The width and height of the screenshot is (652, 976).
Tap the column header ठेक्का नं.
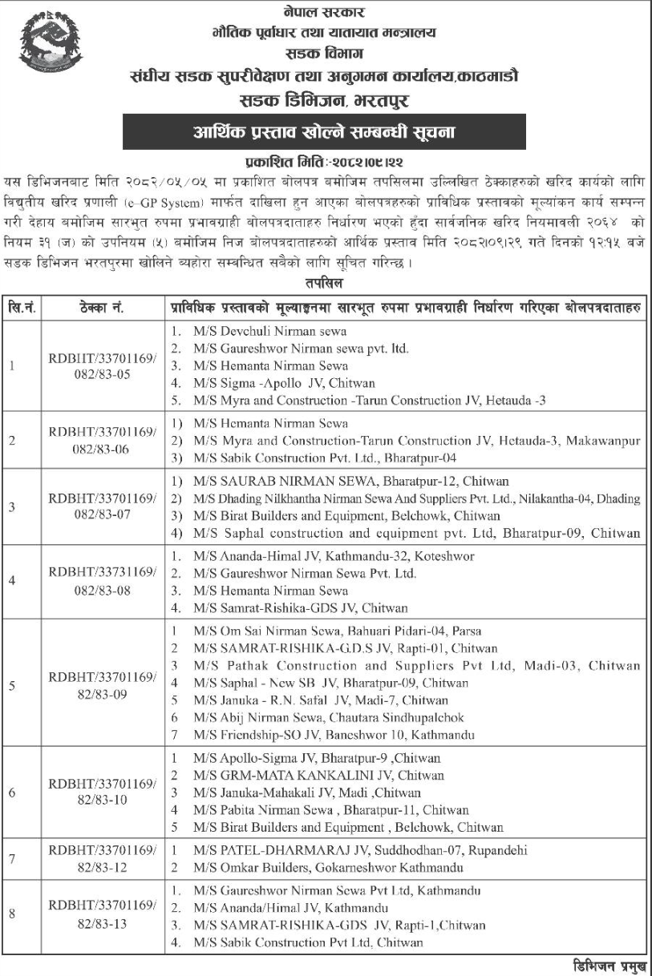[104, 308]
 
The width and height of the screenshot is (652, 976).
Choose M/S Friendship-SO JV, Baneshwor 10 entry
[334, 734]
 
